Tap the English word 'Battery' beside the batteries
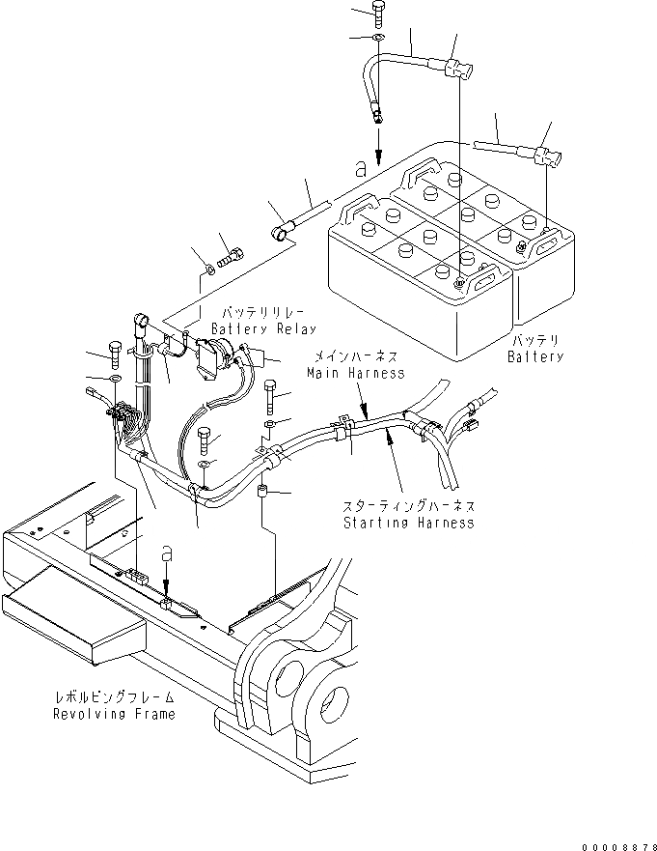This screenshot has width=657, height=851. [x=535, y=356]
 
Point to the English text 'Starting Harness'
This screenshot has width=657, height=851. [x=408, y=523]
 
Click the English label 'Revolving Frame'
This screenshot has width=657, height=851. [x=115, y=714]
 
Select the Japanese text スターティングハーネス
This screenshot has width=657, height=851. [x=409, y=506]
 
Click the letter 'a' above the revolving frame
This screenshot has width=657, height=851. [x=167, y=553]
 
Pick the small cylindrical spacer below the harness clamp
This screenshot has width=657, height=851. [x=261, y=496]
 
